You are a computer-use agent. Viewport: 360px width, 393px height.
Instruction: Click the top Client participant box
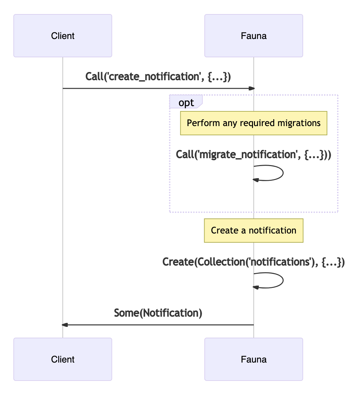pos(63,36)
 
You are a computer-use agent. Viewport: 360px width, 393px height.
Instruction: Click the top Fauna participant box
pos(254,36)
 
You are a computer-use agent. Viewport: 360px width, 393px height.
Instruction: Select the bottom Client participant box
pos(63,359)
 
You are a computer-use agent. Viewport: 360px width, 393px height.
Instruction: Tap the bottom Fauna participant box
pos(254,359)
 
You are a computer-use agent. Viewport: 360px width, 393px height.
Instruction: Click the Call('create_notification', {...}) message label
pos(158,77)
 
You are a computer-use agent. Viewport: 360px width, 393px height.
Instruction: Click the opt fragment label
pos(186,103)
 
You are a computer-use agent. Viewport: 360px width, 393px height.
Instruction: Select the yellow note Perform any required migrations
pos(254,123)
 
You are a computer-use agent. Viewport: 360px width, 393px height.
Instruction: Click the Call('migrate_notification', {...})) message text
pos(254,155)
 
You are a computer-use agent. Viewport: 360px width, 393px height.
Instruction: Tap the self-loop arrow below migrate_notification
pos(282,173)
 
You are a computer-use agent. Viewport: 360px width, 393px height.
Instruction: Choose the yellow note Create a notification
pos(254,231)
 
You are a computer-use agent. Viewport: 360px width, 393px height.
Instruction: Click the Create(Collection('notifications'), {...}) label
pos(254,262)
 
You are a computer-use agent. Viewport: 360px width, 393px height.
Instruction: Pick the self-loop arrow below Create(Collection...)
pos(282,280)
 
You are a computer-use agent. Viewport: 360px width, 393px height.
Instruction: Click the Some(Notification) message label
pos(158,313)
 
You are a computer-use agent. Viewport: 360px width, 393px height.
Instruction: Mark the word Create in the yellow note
pos(225,231)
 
